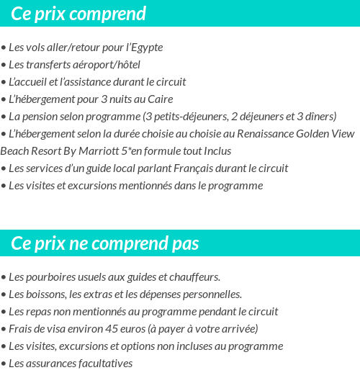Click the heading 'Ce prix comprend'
pos(78,14)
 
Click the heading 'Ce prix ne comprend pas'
pos(105,243)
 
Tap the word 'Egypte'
pos(145,48)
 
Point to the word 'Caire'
pos(158,99)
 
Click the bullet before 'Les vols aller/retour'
pos(4,48)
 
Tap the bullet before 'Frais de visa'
pos(4,330)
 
